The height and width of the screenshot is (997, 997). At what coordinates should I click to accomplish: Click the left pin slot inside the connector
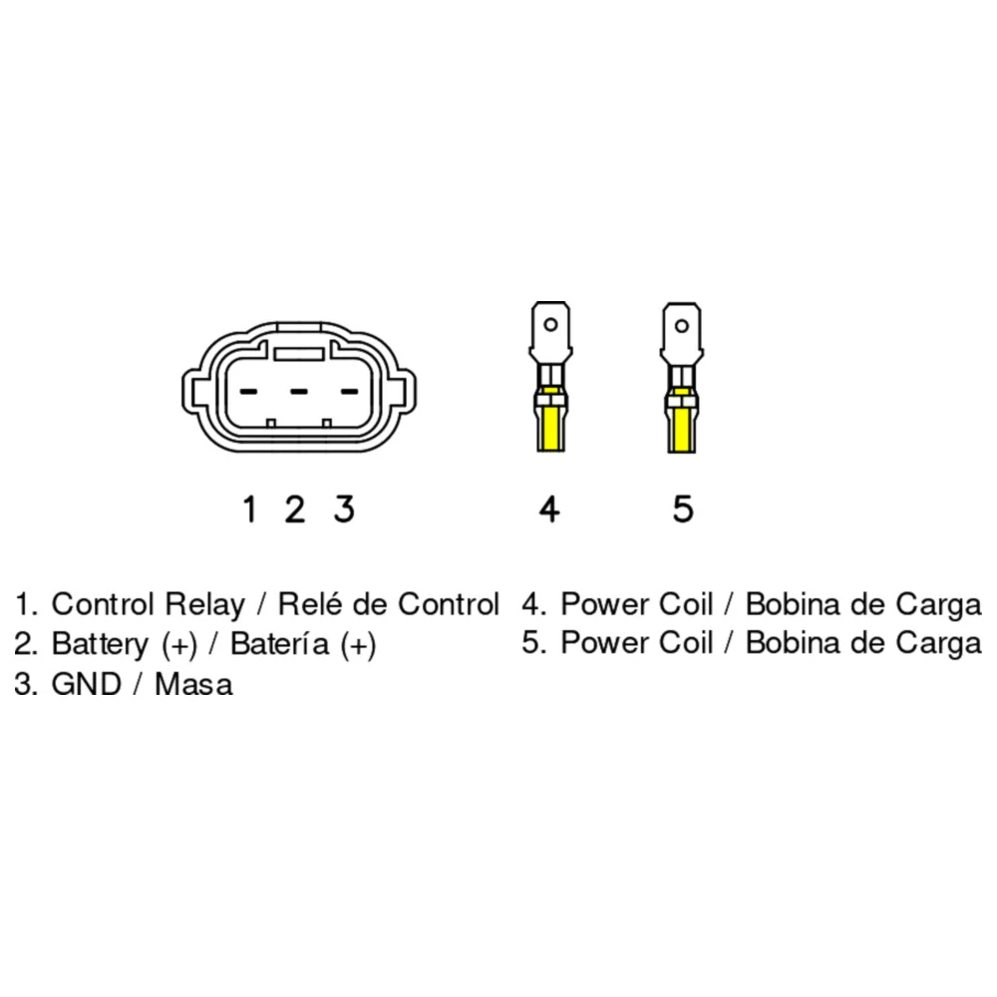click(x=248, y=391)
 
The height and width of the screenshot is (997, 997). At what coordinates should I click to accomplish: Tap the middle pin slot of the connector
click(x=299, y=391)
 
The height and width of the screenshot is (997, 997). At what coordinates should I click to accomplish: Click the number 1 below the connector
click(x=250, y=509)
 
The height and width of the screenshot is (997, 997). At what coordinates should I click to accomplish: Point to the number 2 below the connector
click(x=294, y=509)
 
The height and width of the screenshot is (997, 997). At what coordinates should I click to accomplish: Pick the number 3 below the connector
click(x=344, y=509)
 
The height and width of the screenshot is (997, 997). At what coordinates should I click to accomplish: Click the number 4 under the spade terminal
click(x=549, y=509)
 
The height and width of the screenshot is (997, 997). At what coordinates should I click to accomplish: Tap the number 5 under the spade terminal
click(x=683, y=509)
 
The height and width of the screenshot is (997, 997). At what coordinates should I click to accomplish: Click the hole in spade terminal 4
click(x=550, y=325)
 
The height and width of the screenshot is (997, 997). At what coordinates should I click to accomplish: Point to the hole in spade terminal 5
click(x=682, y=327)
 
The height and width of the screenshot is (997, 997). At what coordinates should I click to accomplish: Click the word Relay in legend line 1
click(x=204, y=605)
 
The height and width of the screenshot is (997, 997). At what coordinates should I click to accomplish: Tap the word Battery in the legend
click(x=100, y=644)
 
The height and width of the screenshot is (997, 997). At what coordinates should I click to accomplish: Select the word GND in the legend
click(x=87, y=684)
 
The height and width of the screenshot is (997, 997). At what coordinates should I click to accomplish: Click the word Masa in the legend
click(x=194, y=685)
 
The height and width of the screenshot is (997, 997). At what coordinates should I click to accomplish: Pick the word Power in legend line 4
click(x=605, y=604)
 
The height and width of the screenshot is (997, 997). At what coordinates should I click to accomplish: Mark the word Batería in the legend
click(x=280, y=644)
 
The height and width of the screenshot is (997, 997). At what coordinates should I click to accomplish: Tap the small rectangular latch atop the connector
click(x=299, y=354)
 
